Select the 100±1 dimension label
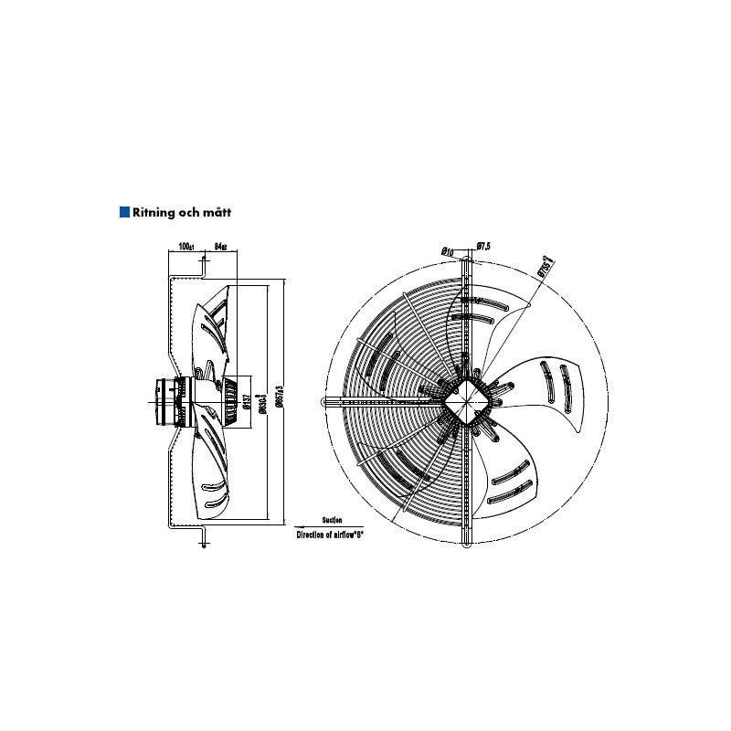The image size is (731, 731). pos(186,247)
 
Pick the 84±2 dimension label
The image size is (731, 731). pos(220,247)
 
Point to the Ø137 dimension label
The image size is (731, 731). pos(247,402)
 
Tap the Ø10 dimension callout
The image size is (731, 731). pos(448,249)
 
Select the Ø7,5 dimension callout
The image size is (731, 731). pos(483,247)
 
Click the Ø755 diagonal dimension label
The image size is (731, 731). pos(546,264)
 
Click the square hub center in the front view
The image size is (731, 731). pos(471,400)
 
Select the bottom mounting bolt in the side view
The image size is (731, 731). pos(202,539)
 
